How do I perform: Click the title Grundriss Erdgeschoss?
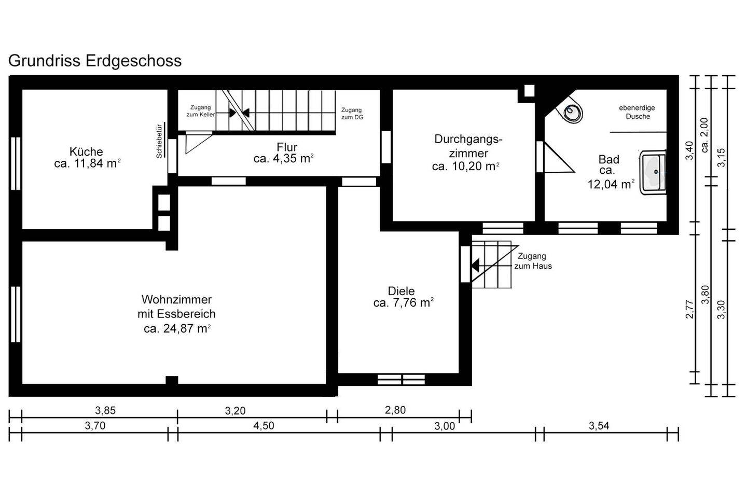pyautogui.click(x=95, y=61)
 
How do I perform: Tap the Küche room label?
pyautogui.click(x=86, y=152)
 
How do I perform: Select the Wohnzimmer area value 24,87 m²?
pyautogui.click(x=177, y=328)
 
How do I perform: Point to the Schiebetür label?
pyautogui.click(x=159, y=141)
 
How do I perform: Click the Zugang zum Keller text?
pyautogui.click(x=200, y=111)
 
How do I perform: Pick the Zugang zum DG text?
pyautogui.click(x=352, y=114)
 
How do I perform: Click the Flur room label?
pyautogui.click(x=287, y=147)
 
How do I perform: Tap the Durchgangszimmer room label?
pyautogui.click(x=468, y=146)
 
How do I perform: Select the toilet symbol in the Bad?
pyautogui.click(x=571, y=109)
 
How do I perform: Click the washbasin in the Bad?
pyautogui.click(x=653, y=172)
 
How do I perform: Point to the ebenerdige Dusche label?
pyautogui.click(x=637, y=112)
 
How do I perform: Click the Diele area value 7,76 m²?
pyautogui.click(x=403, y=303)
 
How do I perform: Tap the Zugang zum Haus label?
pyautogui.click(x=533, y=261)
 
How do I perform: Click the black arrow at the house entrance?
pyautogui.click(x=475, y=265)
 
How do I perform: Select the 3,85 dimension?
pyautogui.click(x=105, y=411)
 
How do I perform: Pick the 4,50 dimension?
pyautogui.click(x=264, y=425)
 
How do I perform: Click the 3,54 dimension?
pyautogui.click(x=599, y=425)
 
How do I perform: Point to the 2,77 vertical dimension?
pyautogui.click(x=689, y=310)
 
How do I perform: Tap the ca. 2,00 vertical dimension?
pyautogui.click(x=705, y=135)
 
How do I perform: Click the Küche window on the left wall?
pyautogui.click(x=16, y=163)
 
